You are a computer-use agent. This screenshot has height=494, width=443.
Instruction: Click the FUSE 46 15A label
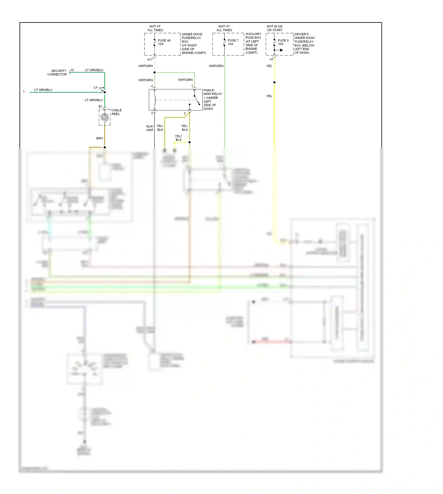tap(164, 42)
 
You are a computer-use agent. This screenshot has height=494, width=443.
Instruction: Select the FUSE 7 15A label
tap(233, 42)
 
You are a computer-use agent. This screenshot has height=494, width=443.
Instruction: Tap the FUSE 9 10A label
tap(283, 42)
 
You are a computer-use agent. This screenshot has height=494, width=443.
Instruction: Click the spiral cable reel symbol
tap(105, 117)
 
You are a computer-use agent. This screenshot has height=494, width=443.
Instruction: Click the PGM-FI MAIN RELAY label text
tap(212, 100)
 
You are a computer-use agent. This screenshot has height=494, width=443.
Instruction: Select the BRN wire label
tap(100, 138)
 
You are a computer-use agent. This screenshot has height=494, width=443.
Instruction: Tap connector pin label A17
tap(150, 59)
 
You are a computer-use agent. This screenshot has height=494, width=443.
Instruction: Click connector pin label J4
tap(271, 59)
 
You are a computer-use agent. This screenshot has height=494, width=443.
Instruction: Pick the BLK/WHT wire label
tap(150, 128)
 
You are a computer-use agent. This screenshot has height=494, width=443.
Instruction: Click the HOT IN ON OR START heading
tap(275, 28)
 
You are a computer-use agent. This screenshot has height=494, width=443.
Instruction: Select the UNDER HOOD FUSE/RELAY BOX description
tap(194, 43)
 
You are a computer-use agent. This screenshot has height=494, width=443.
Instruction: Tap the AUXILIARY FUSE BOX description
tap(253, 43)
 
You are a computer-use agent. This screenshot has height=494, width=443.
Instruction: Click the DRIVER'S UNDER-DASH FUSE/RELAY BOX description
tap(304, 43)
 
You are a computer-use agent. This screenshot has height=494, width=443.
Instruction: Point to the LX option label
tap(96, 87)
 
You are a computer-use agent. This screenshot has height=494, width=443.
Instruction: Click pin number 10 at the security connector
tap(72, 70)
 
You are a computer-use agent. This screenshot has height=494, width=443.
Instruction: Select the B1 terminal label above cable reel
tap(100, 106)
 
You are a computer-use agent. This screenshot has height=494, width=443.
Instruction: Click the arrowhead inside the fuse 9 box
tap(281, 50)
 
